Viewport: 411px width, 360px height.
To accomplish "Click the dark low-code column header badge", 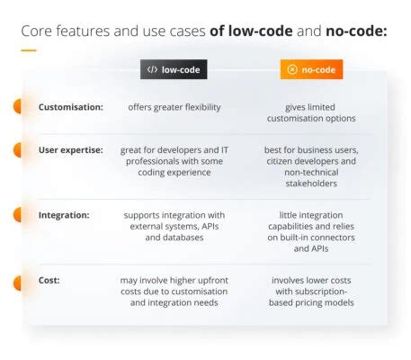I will click(x=173, y=69).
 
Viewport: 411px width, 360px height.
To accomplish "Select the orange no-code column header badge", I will click(x=311, y=69).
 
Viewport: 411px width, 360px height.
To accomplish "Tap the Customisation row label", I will click(x=70, y=107).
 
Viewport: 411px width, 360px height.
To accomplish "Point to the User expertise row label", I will click(x=71, y=150).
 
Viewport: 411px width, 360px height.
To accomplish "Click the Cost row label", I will click(x=49, y=280).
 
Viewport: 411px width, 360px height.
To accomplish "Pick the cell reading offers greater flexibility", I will click(x=173, y=107).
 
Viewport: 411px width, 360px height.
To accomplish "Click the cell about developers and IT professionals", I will click(x=173, y=161).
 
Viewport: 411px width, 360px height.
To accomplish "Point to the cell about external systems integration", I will click(x=173, y=226).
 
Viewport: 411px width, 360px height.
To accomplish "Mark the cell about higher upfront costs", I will click(x=173, y=291).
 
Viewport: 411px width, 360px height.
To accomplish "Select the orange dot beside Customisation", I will click(x=17, y=107).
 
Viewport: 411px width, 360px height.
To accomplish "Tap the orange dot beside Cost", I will click(x=17, y=283).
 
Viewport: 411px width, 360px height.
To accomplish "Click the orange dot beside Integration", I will click(x=17, y=216).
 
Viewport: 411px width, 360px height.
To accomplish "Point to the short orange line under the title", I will click(x=29, y=49).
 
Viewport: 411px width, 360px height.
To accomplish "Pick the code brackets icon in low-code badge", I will click(x=152, y=69).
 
